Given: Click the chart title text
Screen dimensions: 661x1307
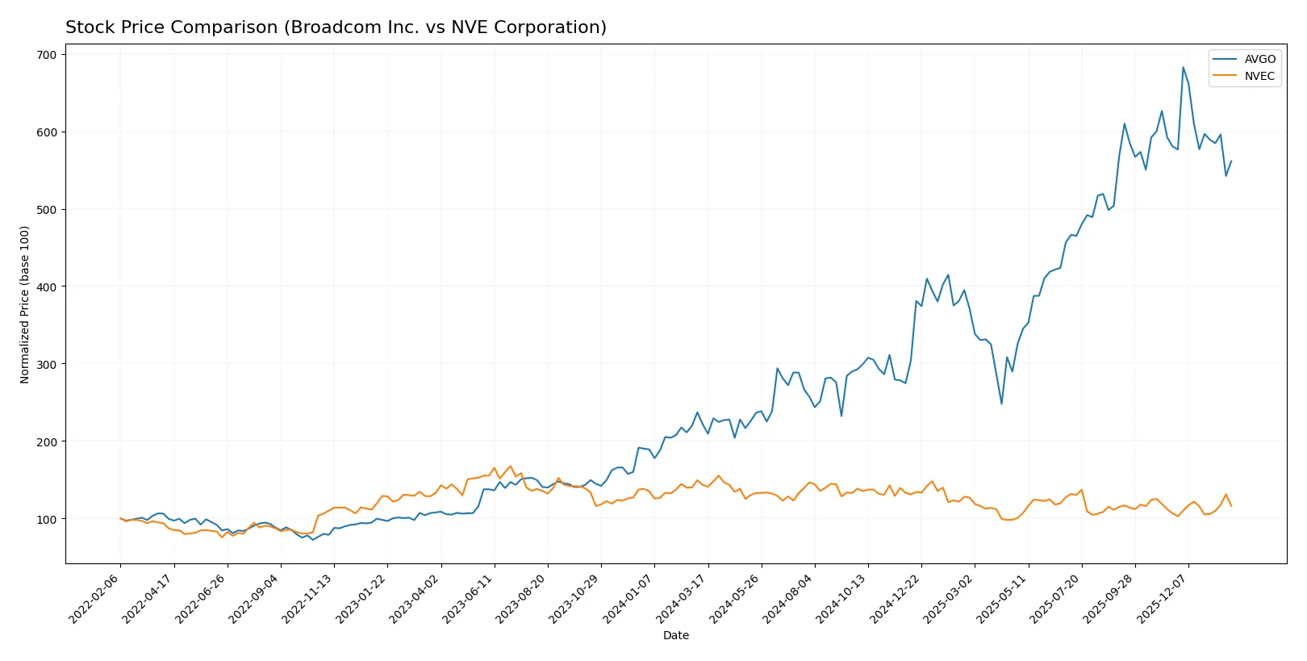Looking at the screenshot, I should [x=336, y=27].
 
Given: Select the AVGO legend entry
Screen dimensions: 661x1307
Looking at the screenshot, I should [x=1259, y=59].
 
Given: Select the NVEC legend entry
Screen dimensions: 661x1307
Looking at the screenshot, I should [x=1259, y=77].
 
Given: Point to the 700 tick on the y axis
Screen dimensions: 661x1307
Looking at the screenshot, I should [x=47, y=55].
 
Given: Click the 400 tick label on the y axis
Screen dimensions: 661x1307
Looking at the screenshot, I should [x=47, y=287].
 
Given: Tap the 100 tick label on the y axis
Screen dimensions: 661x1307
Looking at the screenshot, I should [x=47, y=519].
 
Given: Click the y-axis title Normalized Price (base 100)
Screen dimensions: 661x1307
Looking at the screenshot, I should [x=25, y=304].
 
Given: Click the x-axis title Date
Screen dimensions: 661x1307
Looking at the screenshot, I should [x=675, y=636].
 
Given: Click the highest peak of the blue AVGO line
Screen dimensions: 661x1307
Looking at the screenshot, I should [x=1183, y=68].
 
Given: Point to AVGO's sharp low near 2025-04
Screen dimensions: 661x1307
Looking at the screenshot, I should [x=1001, y=404].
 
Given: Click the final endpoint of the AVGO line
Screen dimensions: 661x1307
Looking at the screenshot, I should [x=1230, y=161].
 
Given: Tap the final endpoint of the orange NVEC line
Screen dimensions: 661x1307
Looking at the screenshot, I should [x=1230, y=506].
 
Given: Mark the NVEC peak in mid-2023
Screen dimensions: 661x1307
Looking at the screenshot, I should [x=510, y=466].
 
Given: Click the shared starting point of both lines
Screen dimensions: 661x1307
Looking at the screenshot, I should [x=120, y=518].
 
